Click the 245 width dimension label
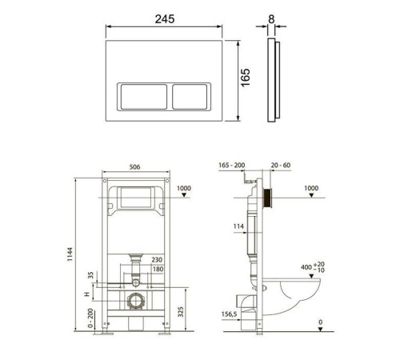[165, 19]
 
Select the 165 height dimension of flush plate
[246, 78]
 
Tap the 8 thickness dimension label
[271, 19]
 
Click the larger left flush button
[144, 97]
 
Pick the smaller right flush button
[190, 97]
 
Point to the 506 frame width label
[134, 167]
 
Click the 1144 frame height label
[70, 254]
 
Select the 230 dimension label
[157, 259]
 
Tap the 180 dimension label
[158, 270]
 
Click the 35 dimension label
[91, 275]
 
